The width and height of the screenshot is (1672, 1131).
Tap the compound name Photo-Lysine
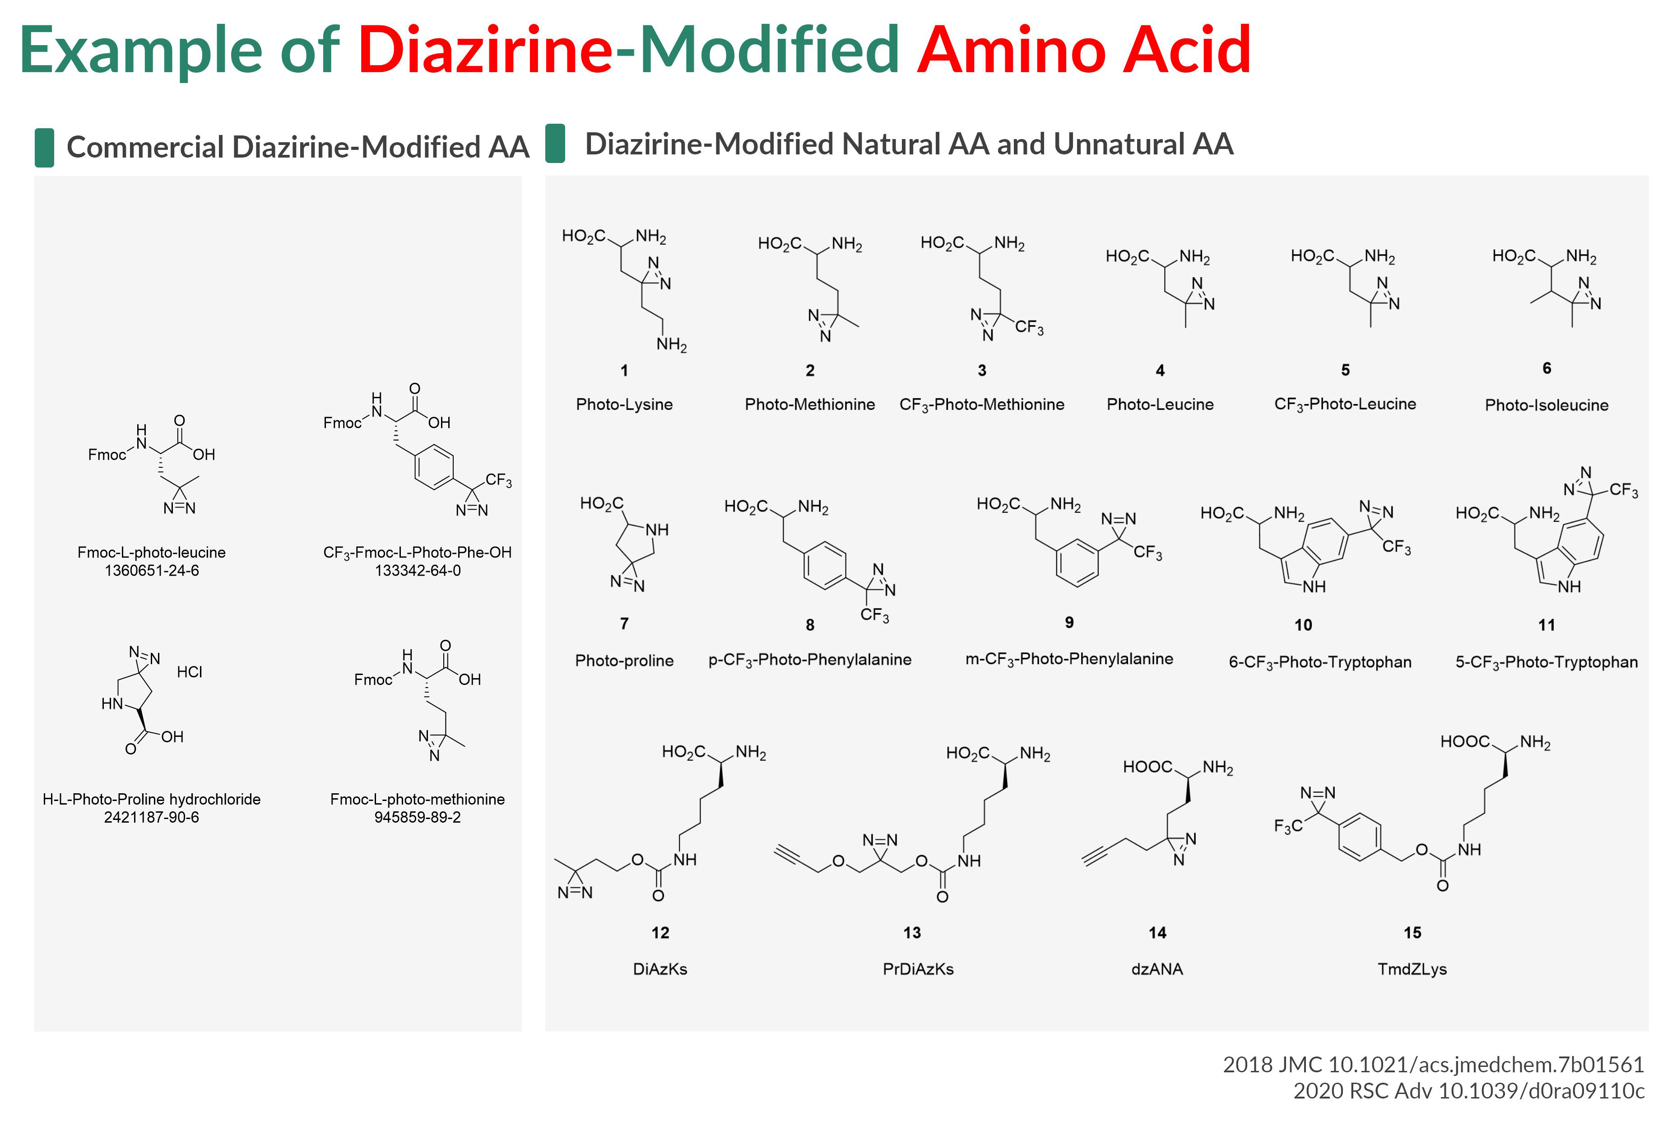point(624,405)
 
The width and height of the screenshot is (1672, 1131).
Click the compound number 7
point(624,623)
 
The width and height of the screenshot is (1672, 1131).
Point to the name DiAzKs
point(660,969)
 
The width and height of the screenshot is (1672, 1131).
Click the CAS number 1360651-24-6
point(151,571)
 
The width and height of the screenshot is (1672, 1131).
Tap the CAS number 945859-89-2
point(417,817)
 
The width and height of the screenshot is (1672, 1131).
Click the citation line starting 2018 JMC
point(1433,1064)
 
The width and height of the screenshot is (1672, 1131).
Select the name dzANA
point(1157,969)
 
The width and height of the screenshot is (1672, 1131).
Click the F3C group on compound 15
point(1288,826)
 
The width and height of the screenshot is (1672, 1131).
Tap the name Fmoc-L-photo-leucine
point(151,553)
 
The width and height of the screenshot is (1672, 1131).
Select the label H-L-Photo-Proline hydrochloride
point(151,799)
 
